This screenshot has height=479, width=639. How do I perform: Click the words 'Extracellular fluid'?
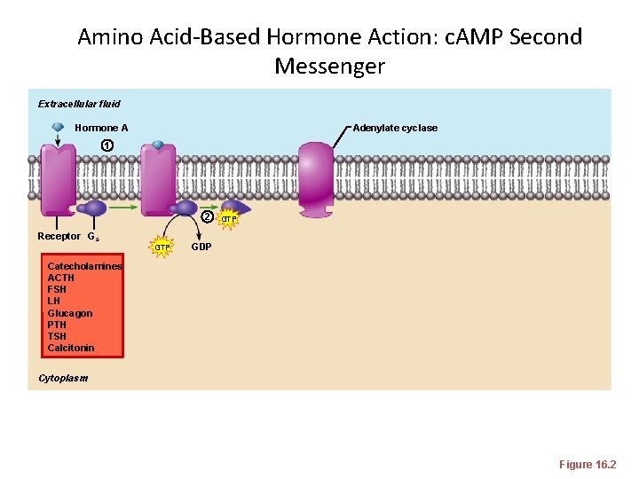[x=79, y=104]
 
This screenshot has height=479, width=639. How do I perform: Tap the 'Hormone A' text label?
[x=101, y=128]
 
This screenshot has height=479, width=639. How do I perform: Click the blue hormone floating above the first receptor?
[x=58, y=128]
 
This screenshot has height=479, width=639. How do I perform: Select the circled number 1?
[x=106, y=145]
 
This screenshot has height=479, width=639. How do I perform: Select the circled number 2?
[x=206, y=217]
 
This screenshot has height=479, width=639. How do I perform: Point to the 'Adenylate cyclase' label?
[x=395, y=128]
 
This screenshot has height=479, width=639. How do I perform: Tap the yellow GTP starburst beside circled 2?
[x=228, y=218]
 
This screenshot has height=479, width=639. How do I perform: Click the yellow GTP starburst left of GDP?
[x=162, y=247]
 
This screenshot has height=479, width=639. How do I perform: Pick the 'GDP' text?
[x=201, y=247]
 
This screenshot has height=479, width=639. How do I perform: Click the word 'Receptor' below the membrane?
[x=58, y=236]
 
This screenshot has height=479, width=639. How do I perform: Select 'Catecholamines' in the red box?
[x=84, y=266]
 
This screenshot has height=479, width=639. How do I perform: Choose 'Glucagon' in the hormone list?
[x=69, y=313]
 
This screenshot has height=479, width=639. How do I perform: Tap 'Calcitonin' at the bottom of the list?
[x=70, y=348]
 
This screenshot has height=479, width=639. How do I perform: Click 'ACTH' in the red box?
[x=60, y=278]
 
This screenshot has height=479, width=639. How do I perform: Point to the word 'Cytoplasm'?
[x=63, y=378]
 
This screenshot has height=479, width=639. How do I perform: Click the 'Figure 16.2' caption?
[x=587, y=465]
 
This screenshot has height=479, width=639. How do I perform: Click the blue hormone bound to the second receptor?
[x=158, y=145]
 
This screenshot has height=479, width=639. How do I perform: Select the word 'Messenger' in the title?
[x=329, y=67]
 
